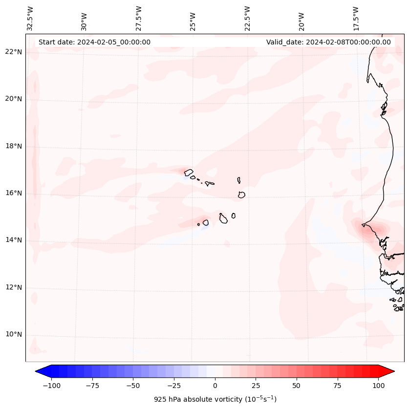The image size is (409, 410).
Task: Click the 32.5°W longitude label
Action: (x=30, y=19)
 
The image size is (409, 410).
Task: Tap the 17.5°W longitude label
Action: (x=356, y=19)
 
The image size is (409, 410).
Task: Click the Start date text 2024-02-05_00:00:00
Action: (x=94, y=42)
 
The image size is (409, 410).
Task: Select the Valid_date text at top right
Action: (x=328, y=42)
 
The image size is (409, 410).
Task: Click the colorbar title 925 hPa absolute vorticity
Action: (x=215, y=399)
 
